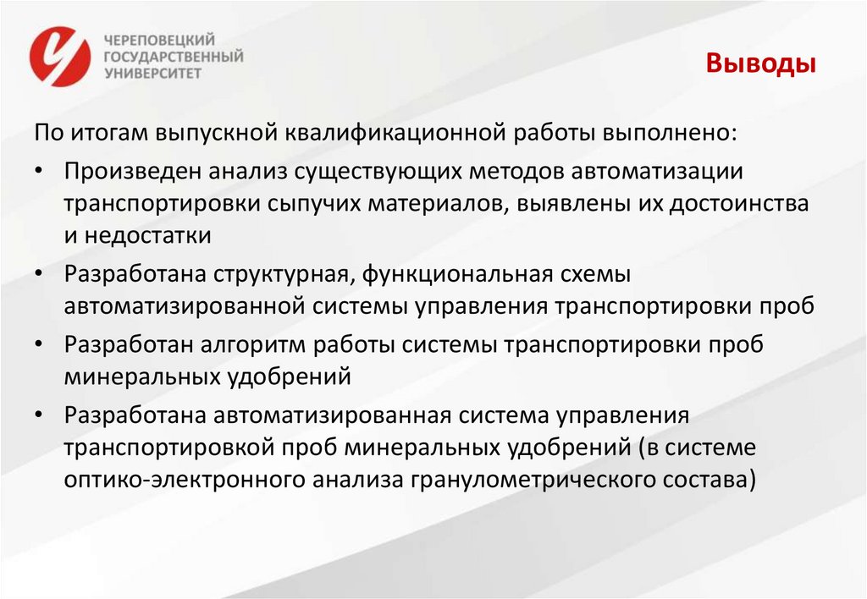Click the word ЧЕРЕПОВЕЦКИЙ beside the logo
tap(159, 40)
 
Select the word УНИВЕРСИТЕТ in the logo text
tap(152, 74)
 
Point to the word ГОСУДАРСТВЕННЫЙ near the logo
tap(172, 57)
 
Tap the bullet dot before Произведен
tap(41, 170)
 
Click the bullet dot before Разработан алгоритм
tap(41, 344)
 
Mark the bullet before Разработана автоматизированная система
tap(41, 415)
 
